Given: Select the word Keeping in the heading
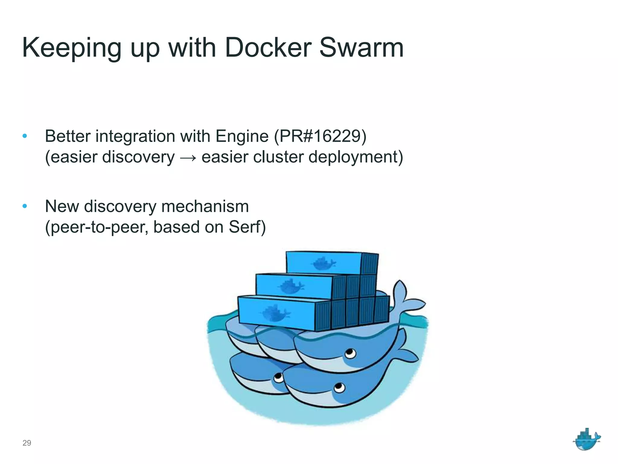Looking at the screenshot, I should pyautogui.click(x=72, y=48).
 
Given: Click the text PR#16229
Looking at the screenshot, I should pyautogui.click(x=320, y=136).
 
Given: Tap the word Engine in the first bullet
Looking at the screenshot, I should pyautogui.click(x=242, y=137).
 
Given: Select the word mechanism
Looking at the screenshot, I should pyautogui.click(x=205, y=206).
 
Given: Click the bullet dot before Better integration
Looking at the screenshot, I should pyautogui.click(x=25, y=136).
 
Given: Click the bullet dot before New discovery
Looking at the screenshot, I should pyautogui.click(x=25, y=206).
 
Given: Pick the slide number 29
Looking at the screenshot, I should pyautogui.click(x=27, y=443).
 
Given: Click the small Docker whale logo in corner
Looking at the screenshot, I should pyautogui.click(x=586, y=440).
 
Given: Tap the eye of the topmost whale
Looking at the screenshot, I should pyautogui.click(x=350, y=353).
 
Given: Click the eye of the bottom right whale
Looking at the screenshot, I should pyautogui.click(x=339, y=387).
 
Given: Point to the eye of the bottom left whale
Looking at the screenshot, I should pyautogui.click(x=278, y=378).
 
